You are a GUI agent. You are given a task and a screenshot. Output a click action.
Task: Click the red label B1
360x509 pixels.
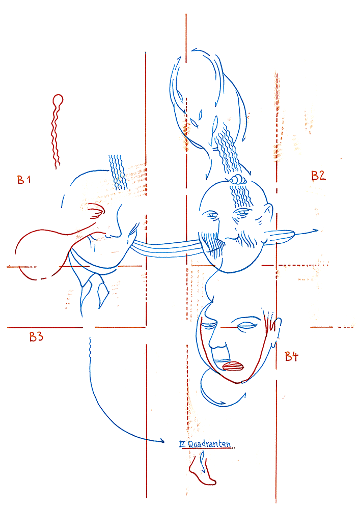tap(24, 180)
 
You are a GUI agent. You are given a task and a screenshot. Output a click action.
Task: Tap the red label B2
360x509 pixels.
tap(318, 176)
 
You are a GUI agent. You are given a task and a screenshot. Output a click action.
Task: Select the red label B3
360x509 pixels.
tap(36, 336)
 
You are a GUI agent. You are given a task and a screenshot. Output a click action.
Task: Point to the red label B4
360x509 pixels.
tap(291, 356)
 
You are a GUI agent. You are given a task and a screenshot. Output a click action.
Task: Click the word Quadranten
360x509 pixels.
tap(209, 444)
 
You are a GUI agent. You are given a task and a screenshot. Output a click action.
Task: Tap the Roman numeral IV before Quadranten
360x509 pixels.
tap(183, 443)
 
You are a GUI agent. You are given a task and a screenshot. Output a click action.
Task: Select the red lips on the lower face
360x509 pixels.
tap(233, 366)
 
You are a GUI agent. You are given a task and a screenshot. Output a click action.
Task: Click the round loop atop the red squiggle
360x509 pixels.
tap(58, 99)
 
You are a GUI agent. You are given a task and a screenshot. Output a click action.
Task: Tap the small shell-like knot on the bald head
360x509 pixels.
tap(237, 179)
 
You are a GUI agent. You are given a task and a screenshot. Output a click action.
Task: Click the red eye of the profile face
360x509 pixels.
tap(96, 211)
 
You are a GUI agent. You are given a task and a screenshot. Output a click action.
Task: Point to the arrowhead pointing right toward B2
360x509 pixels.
tap(314, 231)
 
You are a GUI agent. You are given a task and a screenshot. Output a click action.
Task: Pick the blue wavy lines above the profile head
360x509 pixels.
tap(118, 172)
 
